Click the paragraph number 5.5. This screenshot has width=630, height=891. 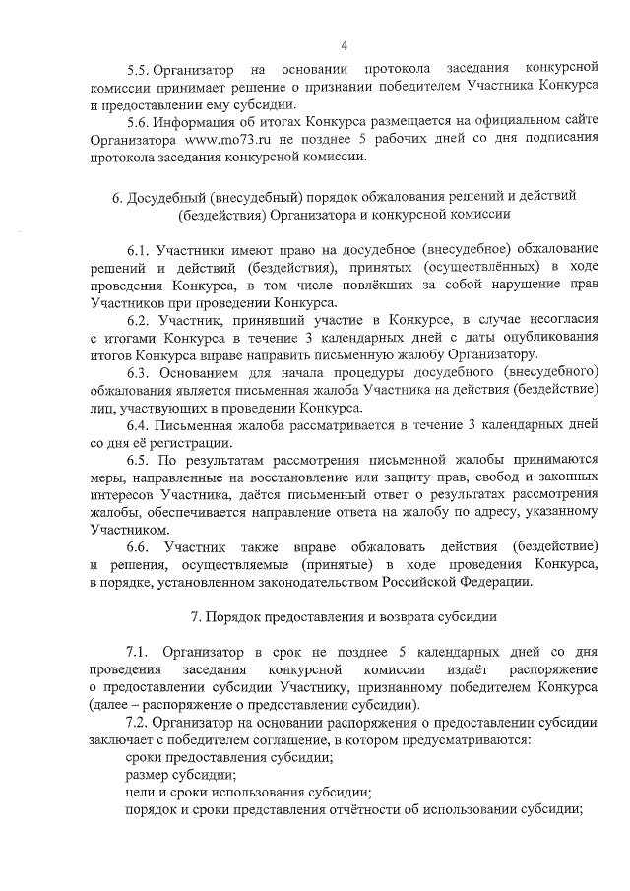point(144,69)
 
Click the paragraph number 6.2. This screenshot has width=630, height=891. point(144,320)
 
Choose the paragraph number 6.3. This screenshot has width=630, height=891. point(144,372)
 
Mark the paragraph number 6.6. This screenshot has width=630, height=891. point(144,545)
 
